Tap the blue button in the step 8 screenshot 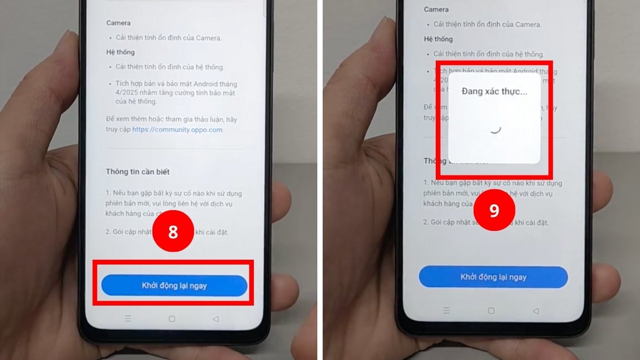click(x=174, y=286)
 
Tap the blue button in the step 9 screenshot click(x=493, y=277)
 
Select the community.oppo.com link click(x=177, y=130)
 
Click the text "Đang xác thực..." click(x=494, y=92)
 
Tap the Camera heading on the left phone click(x=118, y=23)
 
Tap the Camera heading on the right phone click(x=436, y=10)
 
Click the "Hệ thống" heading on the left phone click(x=121, y=52)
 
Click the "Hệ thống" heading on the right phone click(x=438, y=39)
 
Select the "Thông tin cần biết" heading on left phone click(x=138, y=172)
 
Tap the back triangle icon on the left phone click(x=215, y=319)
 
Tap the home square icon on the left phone click(x=172, y=319)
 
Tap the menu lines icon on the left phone click(x=128, y=319)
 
